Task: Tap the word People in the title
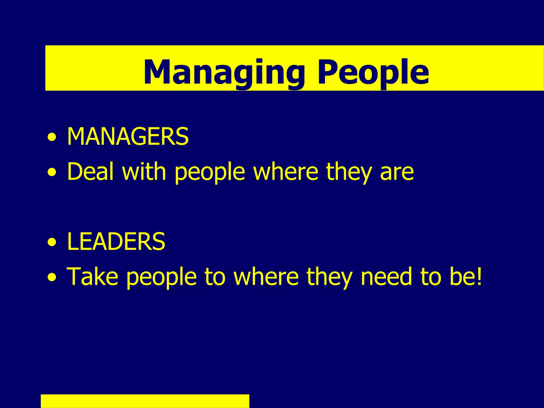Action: click(x=373, y=72)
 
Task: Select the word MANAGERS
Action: click(x=128, y=137)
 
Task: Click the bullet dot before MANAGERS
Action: click(x=52, y=138)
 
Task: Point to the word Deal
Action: click(x=90, y=172)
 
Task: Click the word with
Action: click(x=144, y=172)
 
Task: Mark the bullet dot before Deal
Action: click(x=52, y=173)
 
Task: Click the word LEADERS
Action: click(x=116, y=241)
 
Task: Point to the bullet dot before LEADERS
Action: click(x=52, y=243)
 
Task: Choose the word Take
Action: click(x=92, y=277)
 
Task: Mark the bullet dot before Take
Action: click(x=52, y=278)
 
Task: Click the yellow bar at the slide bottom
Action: click(x=145, y=401)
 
